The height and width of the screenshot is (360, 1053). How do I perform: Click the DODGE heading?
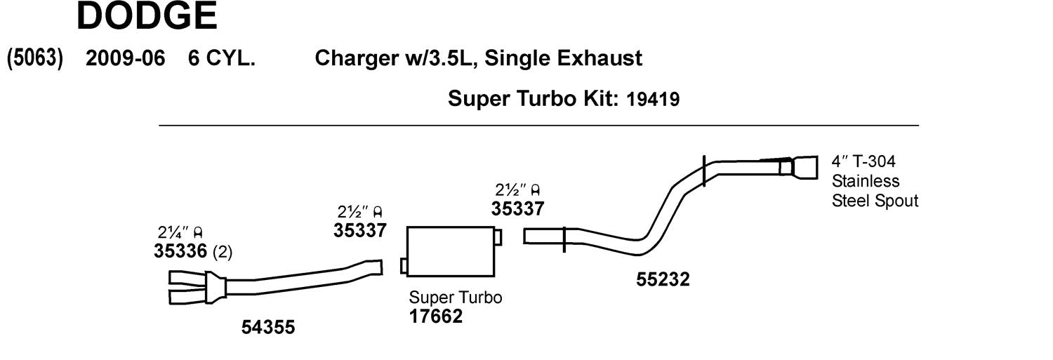tap(147, 15)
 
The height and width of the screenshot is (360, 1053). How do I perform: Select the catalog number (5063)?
tap(35, 58)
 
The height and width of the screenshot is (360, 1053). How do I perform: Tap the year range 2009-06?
tap(126, 58)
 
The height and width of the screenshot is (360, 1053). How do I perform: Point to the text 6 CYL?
tap(221, 58)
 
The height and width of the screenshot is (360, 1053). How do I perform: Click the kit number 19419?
tap(653, 99)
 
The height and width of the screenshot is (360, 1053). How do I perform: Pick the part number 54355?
tap(268, 327)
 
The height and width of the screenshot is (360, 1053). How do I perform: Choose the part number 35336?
tap(180, 251)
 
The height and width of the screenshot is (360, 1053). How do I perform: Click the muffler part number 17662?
tap(436, 316)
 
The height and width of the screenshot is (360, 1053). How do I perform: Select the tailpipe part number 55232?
tap(663, 279)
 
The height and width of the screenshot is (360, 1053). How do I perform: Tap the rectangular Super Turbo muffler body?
tap(451, 252)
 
